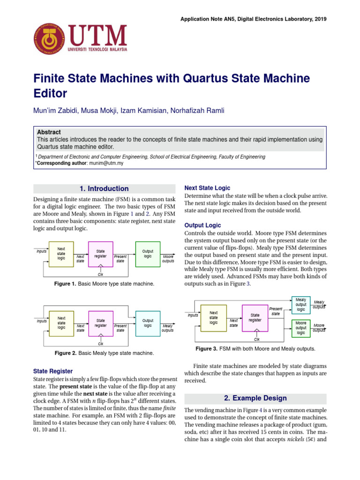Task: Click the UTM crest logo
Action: (x=49, y=38)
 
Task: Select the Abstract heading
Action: (x=49, y=132)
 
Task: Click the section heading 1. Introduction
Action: (x=104, y=188)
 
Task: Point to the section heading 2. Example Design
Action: (x=255, y=398)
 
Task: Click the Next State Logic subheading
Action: (x=207, y=188)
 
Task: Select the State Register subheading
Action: (x=53, y=371)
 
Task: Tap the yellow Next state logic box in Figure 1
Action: (x=61, y=253)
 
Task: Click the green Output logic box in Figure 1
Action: (x=148, y=254)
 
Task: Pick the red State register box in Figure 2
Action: (x=101, y=323)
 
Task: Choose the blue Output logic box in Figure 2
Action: (x=148, y=323)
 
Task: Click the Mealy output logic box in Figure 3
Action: (x=301, y=304)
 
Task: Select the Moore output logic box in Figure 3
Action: (x=301, y=328)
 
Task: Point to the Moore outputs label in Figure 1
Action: (x=168, y=259)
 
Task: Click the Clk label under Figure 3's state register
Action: (x=257, y=339)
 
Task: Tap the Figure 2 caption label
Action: (x=69, y=352)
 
